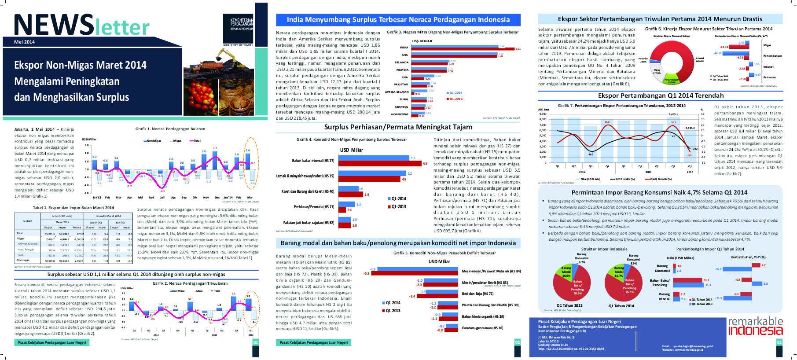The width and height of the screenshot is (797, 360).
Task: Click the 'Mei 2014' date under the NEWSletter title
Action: [x=24, y=42]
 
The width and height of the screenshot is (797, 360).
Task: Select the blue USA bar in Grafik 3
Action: [x=453, y=54]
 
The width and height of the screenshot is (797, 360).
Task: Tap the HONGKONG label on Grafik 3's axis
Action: [x=400, y=114]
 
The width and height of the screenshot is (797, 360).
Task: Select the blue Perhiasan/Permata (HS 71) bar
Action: [x=347, y=204]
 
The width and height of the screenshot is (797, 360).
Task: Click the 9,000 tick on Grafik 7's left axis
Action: [x=543, y=114]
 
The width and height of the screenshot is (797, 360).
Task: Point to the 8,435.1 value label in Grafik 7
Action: [x=673, y=114]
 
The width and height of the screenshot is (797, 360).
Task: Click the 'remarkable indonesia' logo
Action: [x=755, y=326]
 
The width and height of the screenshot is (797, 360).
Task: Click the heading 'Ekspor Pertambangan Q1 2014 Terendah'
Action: [x=660, y=96]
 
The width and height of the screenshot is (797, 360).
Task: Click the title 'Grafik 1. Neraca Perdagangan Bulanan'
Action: [x=170, y=129]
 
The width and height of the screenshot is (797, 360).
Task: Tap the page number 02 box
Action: [x=517, y=342]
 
